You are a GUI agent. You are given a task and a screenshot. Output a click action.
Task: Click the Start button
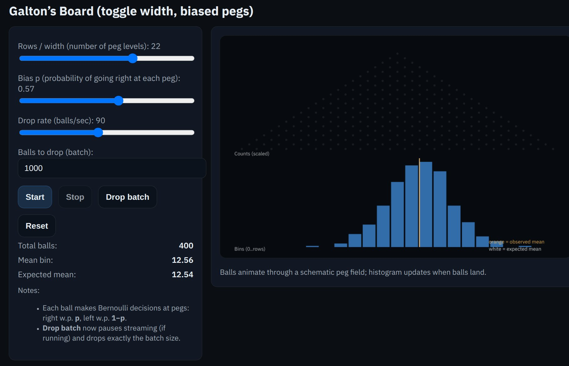pyautogui.click(x=35, y=197)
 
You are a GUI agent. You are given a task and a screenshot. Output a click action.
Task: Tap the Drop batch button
pyautogui.click(x=127, y=197)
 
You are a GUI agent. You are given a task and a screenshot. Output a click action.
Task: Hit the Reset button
pyautogui.click(x=37, y=226)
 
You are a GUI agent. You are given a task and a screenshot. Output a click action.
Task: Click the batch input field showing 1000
pyautogui.click(x=112, y=168)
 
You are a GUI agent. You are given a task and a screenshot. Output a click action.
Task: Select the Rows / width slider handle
pyautogui.click(x=133, y=58)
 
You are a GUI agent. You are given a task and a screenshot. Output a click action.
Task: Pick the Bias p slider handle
pyautogui.click(x=119, y=101)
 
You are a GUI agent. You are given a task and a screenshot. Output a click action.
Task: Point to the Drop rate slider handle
pyautogui.click(x=98, y=133)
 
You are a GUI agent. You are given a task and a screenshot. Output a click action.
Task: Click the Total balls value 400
pyautogui.click(x=186, y=246)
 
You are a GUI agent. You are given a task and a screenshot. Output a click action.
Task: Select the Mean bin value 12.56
pyautogui.click(x=182, y=260)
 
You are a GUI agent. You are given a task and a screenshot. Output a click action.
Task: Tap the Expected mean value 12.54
pyautogui.click(x=182, y=274)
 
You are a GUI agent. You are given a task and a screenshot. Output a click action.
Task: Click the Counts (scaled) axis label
pyautogui.click(x=252, y=154)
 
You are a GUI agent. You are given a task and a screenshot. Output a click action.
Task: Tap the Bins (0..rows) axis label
pyautogui.click(x=250, y=249)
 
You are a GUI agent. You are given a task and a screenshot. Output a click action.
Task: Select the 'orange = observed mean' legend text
pyautogui.click(x=516, y=242)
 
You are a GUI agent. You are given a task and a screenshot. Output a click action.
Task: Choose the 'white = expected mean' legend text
pyautogui.click(x=515, y=249)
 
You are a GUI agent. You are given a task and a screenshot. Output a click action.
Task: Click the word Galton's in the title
pyautogui.click(x=32, y=11)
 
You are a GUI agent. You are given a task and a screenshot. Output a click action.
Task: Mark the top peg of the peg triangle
pyautogui.click(x=398, y=54)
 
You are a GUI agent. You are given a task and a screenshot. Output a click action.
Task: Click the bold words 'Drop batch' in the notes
pyautogui.click(x=61, y=328)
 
